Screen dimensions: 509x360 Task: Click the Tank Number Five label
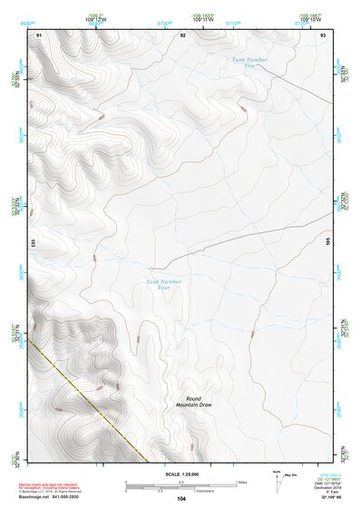coord(251,62)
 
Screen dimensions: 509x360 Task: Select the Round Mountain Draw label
coord(193,402)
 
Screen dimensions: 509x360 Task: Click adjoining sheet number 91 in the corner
coord(39,34)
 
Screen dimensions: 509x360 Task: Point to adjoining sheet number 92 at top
coord(182,34)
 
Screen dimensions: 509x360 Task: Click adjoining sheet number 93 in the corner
coord(324,34)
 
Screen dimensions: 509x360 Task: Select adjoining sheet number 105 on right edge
coord(329,242)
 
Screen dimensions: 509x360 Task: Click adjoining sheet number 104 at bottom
coord(181,499)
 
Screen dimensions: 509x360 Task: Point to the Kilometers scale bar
coord(180,489)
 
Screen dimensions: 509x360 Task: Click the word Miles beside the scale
coord(242,482)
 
